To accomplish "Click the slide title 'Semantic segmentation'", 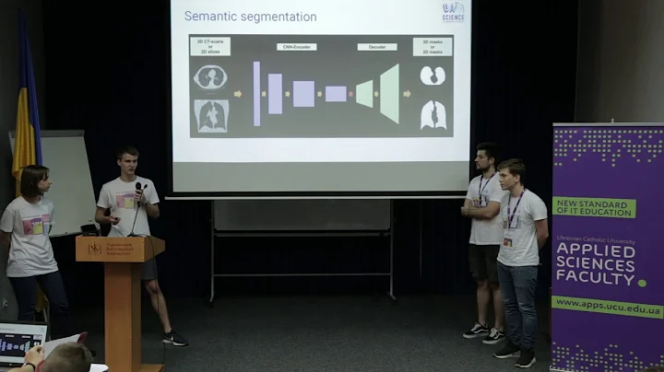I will pyautogui.click(x=250, y=17).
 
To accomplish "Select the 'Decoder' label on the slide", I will pyautogui.click(x=376, y=46).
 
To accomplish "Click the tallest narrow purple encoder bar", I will pyautogui.click(x=256, y=93).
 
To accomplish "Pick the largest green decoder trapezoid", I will pyautogui.click(x=389, y=93).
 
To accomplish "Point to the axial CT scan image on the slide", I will pyautogui.click(x=211, y=77).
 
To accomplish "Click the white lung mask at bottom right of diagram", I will pyautogui.click(x=433, y=115).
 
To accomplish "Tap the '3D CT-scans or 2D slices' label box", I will pyautogui.click(x=211, y=46).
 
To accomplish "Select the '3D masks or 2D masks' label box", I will pyautogui.click(x=433, y=46).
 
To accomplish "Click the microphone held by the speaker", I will pyautogui.click(x=139, y=190).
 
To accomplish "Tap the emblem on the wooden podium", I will pyautogui.click(x=95, y=249).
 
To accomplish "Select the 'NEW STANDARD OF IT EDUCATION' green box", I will pyautogui.click(x=593, y=207).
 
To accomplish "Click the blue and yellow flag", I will pyautogui.click(x=25, y=110).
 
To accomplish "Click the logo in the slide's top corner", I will pyautogui.click(x=453, y=11).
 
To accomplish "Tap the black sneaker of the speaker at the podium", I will pyautogui.click(x=173, y=339).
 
